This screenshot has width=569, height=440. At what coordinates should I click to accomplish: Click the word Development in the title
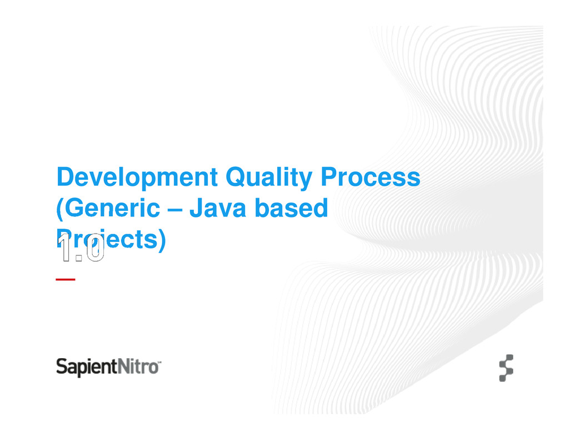click(x=137, y=178)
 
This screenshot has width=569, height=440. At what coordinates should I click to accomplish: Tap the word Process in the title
click(x=373, y=178)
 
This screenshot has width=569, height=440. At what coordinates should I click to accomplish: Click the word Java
click(x=221, y=210)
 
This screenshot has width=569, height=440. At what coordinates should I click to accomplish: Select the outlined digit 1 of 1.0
click(x=66, y=249)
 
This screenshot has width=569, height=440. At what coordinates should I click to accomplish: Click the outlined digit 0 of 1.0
click(x=94, y=249)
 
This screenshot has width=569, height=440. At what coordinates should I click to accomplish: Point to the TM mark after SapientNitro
click(x=160, y=362)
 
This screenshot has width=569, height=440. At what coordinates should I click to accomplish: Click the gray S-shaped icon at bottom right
click(x=505, y=368)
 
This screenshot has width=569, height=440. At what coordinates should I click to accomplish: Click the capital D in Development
click(x=64, y=178)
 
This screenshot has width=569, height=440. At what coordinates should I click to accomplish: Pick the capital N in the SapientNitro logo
click(x=124, y=367)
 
